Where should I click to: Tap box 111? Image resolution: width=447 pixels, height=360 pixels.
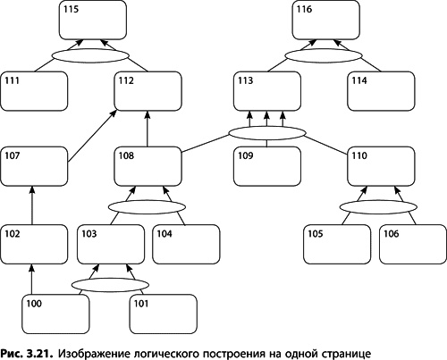pyautogui.click(x=34, y=90)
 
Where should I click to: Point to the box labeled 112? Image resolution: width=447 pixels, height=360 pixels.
pyautogui.click(x=149, y=90)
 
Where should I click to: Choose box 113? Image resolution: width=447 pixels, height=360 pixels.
pyautogui.click(x=268, y=90)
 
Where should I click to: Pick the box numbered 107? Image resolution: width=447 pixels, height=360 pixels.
pyautogui.click(x=34, y=166)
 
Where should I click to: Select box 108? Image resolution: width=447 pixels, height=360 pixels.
pyautogui.click(x=149, y=166)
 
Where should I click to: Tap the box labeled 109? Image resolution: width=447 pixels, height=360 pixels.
pyautogui.click(x=268, y=166)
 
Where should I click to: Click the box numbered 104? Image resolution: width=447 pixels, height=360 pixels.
pyautogui.click(x=186, y=243)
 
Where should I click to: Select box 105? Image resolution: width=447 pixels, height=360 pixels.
pyautogui.click(x=336, y=243)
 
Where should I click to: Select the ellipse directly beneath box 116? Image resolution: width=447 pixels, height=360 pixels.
pyautogui.click(x=325, y=55)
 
